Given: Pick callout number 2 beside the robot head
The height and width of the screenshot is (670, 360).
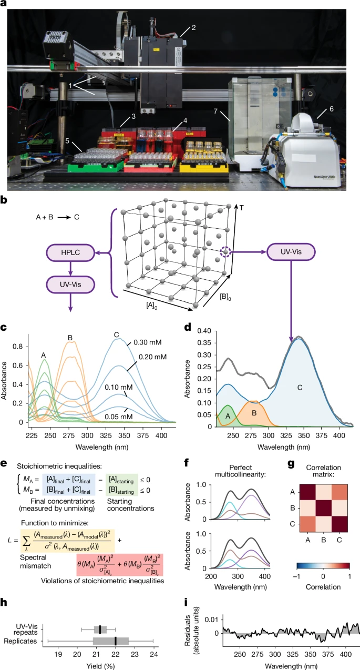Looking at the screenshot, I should (x=193, y=27).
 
